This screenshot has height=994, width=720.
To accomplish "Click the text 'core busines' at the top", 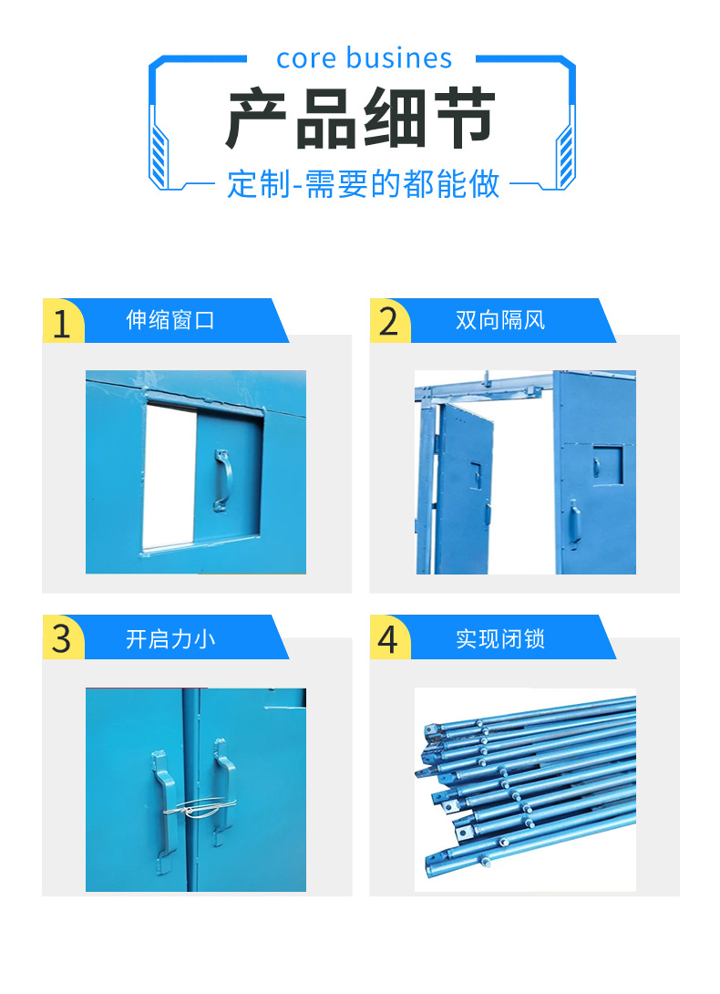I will pyautogui.click(x=364, y=58).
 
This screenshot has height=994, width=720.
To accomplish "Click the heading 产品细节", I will pyautogui.click(x=361, y=119).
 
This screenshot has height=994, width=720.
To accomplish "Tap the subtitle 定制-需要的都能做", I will pyautogui.click(x=364, y=184).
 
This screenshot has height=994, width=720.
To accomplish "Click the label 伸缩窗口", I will pyautogui.click(x=170, y=321).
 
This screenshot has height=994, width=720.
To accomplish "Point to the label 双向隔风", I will pyautogui.click(x=500, y=321).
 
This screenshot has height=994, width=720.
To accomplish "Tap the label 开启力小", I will pyautogui.click(x=170, y=638).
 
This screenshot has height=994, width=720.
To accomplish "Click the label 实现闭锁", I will pyautogui.click(x=500, y=638).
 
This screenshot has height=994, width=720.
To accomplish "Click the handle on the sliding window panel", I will pyautogui.click(x=221, y=478).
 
